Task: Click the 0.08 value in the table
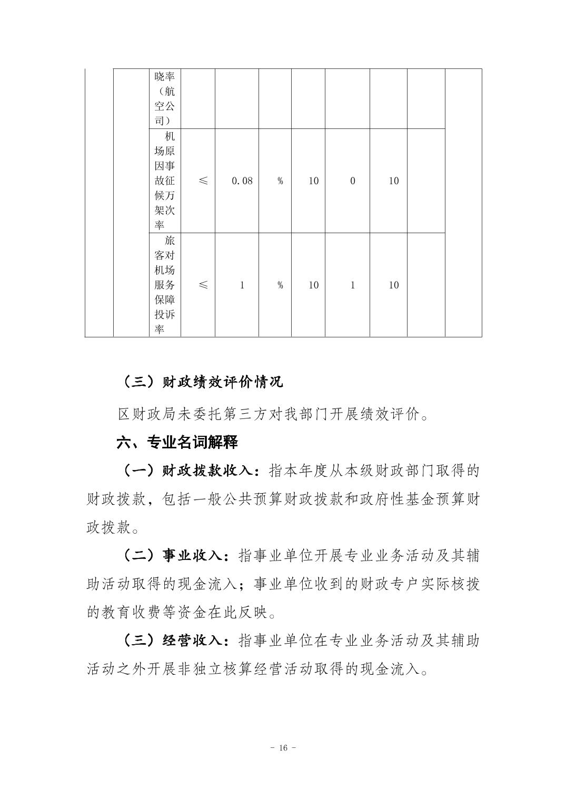(242, 181)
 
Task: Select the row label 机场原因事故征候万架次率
(165, 181)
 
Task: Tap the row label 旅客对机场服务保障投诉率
(165, 285)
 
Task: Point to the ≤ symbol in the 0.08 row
(203, 181)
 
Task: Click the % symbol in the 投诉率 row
(280, 285)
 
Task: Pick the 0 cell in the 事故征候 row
(352, 181)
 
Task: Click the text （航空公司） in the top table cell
(165, 106)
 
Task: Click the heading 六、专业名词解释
(177, 442)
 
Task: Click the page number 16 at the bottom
(283, 748)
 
